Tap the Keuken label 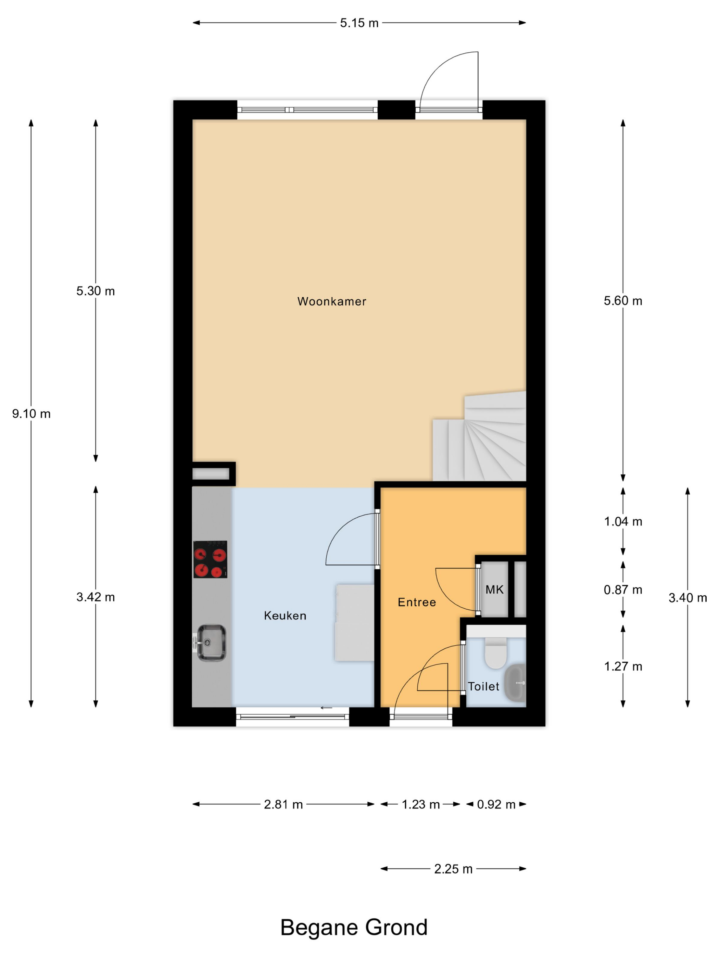285,616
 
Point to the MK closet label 494,590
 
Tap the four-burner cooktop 210,559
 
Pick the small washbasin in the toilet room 515,683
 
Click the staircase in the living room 479,437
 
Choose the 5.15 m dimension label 359,23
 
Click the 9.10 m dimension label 31,414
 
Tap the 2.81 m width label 283,805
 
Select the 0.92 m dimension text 496,805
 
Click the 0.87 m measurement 623,590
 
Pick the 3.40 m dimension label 688,598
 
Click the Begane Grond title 354,929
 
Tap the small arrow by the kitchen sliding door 326,708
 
